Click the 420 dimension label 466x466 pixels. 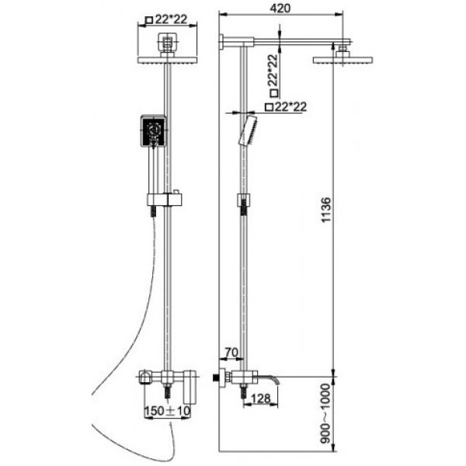coord(280,8)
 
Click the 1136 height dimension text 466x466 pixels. coord(326,210)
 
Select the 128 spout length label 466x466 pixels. coord(261,398)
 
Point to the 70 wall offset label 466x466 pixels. coord(231,353)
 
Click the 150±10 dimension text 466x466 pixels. coord(167,411)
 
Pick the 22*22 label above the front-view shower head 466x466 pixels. coord(166,19)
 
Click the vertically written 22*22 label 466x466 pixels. coord(274,76)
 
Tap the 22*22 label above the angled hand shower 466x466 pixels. coord(286,106)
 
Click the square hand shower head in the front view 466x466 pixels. coord(153,131)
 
